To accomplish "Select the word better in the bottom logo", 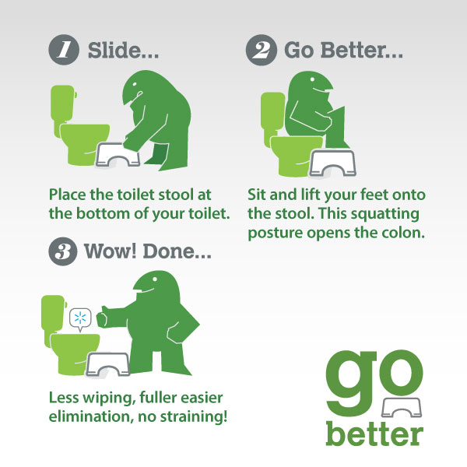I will tap(374, 432).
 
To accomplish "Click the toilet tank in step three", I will tap(54, 311).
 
